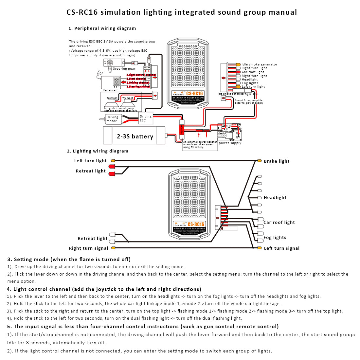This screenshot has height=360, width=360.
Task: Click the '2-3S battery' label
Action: (135, 136)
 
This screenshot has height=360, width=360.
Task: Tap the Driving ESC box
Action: (146, 118)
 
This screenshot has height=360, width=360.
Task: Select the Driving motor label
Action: (112, 119)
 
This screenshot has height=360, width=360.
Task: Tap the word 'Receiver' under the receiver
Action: (110, 90)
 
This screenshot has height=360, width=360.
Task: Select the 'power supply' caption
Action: (230, 143)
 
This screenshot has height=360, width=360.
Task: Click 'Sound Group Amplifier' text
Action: (249, 100)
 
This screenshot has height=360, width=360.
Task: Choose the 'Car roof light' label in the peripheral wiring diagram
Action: (253, 72)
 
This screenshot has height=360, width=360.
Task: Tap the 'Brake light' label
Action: (277, 161)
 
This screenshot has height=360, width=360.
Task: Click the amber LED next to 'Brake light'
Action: (260, 161)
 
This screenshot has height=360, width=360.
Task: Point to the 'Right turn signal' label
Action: (88, 248)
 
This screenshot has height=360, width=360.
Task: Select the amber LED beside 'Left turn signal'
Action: (260, 248)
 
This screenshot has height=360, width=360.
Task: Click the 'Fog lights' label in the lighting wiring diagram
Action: (275, 238)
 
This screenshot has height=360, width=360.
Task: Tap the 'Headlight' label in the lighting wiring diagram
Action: (275, 197)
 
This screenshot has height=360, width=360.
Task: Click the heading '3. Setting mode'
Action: (69, 260)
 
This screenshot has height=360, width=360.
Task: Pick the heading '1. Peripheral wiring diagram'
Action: (102, 28)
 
